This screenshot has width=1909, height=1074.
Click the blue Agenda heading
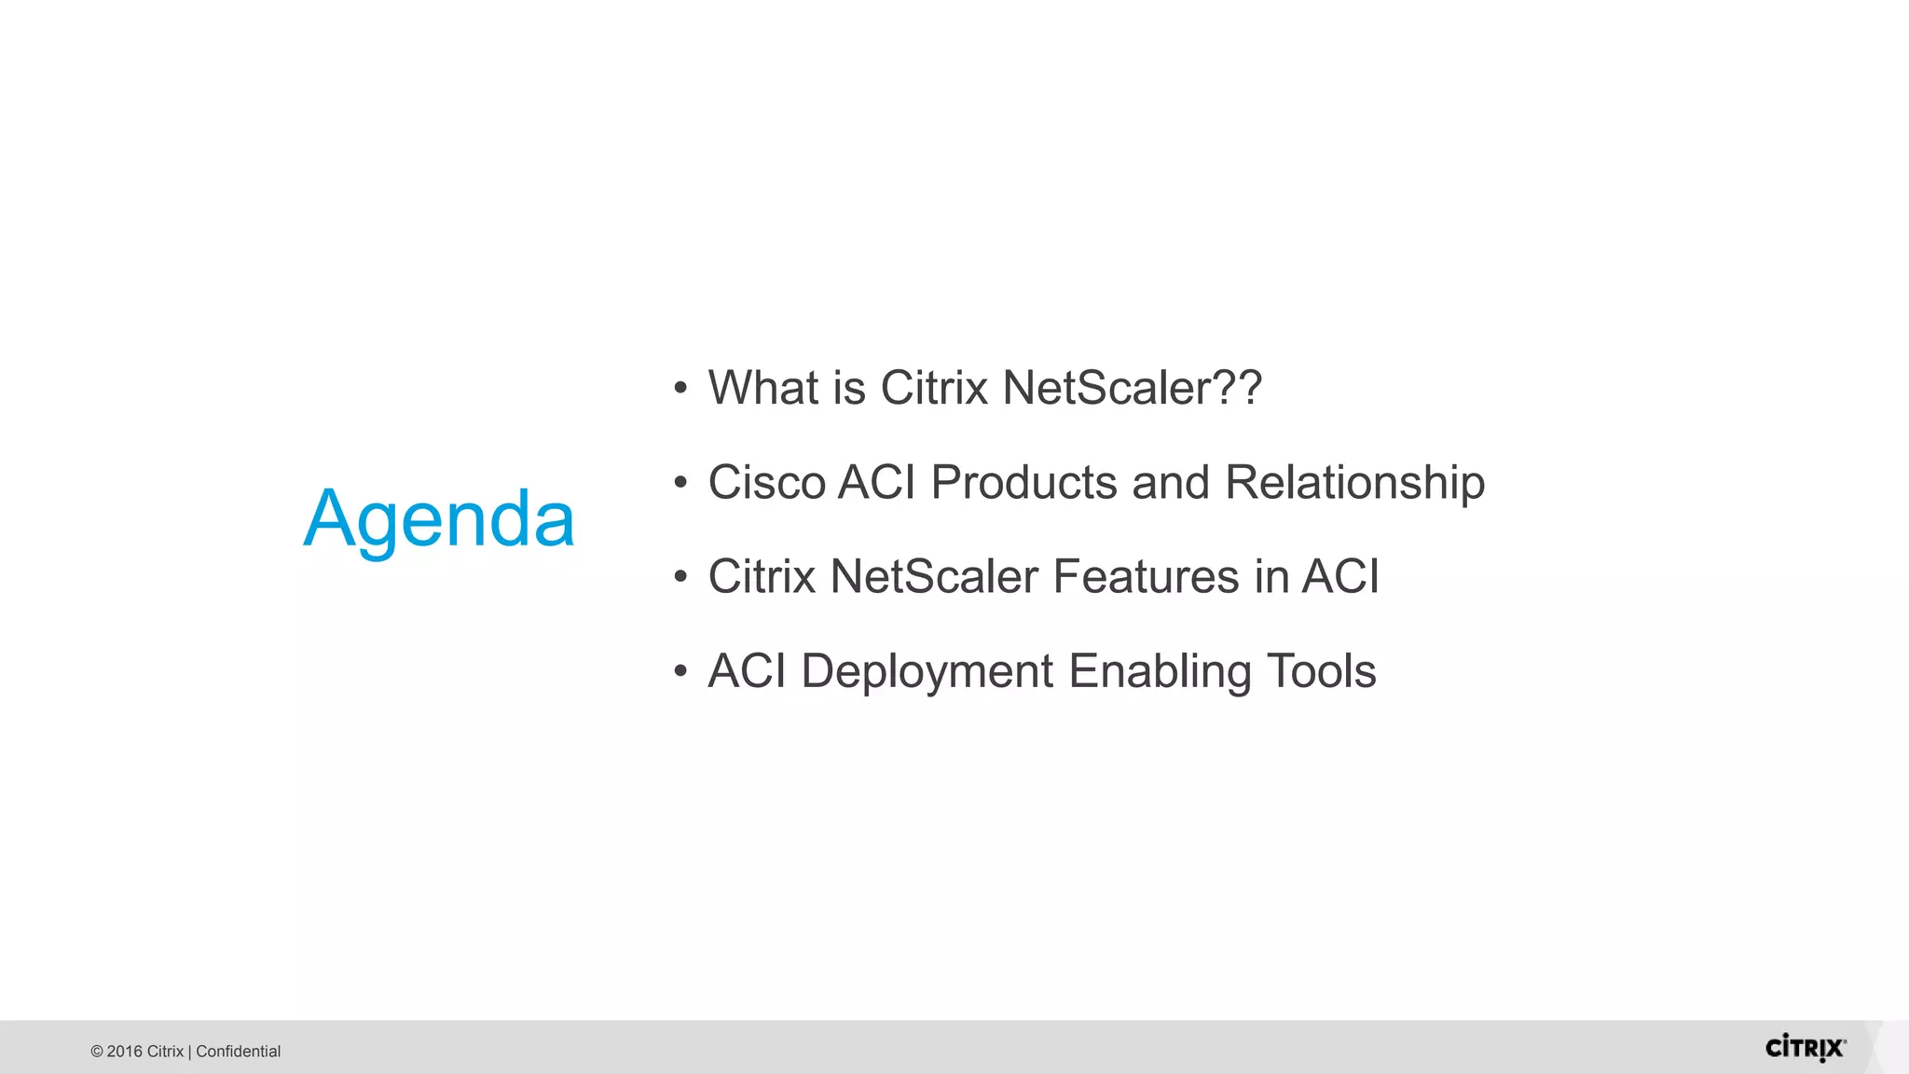[439, 519]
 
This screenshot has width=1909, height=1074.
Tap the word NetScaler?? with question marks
[1132, 387]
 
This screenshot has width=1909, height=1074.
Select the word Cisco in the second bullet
[766, 482]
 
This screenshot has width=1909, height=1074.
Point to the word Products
[1023, 482]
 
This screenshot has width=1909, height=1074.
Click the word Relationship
[1354, 483]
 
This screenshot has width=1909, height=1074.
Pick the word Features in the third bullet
[1146, 576]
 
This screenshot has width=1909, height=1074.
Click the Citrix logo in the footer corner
[1805, 1048]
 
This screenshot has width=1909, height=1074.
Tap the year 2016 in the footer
[124, 1052]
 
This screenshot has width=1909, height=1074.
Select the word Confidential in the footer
[238, 1052]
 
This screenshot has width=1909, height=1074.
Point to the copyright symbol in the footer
[97, 1052]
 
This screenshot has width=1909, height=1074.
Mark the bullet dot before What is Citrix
[680, 389]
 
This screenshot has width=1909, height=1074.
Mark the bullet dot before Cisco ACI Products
[680, 483]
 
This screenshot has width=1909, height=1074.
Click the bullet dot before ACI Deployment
[680, 671]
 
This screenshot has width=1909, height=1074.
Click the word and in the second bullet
[1171, 482]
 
